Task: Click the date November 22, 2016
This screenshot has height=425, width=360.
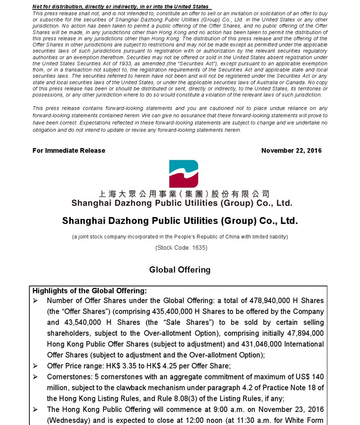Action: pos(291,151)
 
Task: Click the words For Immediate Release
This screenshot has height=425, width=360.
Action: pos(69,151)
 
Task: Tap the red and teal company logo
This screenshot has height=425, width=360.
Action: pos(184,174)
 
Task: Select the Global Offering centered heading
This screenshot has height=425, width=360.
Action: pos(180,270)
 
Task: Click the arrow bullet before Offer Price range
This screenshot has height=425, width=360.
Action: pos(36,366)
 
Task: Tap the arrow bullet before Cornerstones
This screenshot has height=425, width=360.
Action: pos(36,377)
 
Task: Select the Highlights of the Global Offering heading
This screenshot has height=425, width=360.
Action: pos(90,291)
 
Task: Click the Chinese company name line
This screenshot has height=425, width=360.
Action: pos(184,194)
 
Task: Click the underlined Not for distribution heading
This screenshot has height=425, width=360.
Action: pos(121,7)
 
